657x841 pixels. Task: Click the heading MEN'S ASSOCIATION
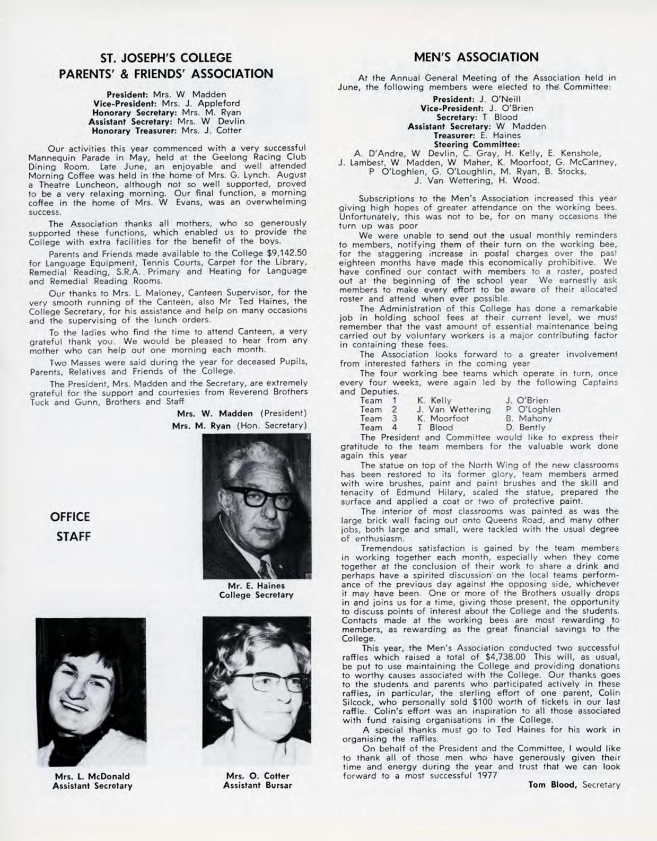(476, 57)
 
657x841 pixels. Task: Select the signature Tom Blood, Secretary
(574, 785)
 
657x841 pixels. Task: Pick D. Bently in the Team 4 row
(526, 427)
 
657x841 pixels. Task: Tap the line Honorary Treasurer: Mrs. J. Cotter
(167, 130)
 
